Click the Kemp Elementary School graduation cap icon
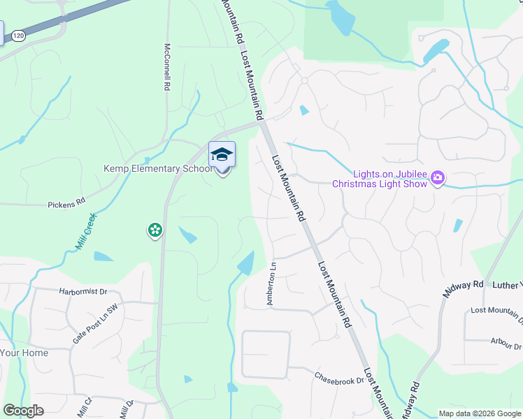pyautogui.click(x=222, y=154)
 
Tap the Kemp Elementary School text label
pyautogui.click(x=157, y=168)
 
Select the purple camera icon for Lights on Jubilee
pyautogui.click(x=438, y=178)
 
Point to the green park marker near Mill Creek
pyautogui.click(x=155, y=230)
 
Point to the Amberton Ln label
pyautogui.click(x=272, y=284)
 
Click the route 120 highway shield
pyautogui.click(x=17, y=36)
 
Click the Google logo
pyautogui.click(x=23, y=411)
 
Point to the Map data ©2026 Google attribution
pyautogui.click(x=479, y=413)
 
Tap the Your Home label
pyautogui.click(x=24, y=353)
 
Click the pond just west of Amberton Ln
pyautogui.click(x=246, y=263)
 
